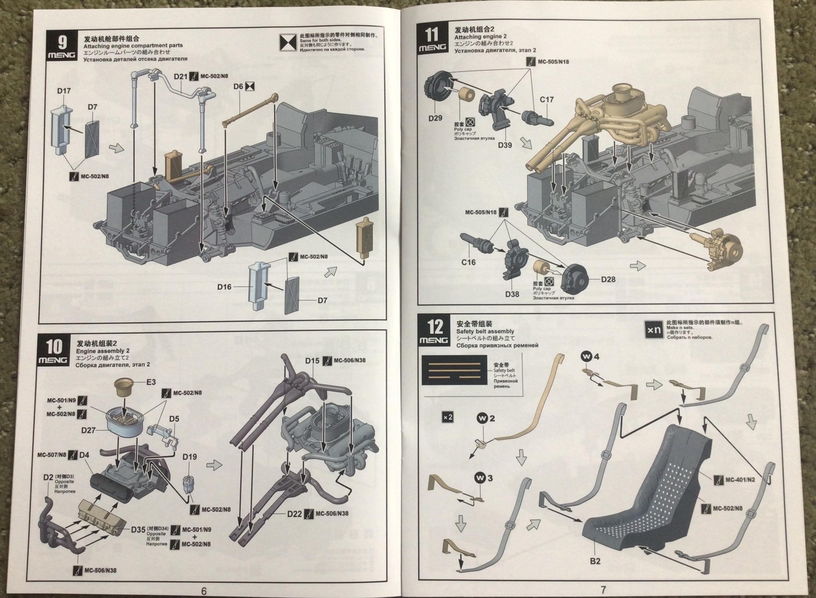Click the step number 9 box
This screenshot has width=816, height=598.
click(62, 45)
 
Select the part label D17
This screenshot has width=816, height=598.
click(64, 91)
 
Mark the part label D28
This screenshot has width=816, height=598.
click(608, 279)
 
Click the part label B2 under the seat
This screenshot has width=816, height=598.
click(595, 561)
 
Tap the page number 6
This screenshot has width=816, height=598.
click(204, 591)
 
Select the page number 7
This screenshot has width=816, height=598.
click(603, 590)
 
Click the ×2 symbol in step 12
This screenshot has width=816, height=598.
click(448, 417)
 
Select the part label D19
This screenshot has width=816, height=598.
click(189, 457)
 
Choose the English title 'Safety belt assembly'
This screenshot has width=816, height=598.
click(485, 331)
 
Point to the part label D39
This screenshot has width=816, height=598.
click(505, 145)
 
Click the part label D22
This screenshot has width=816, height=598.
click(294, 514)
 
